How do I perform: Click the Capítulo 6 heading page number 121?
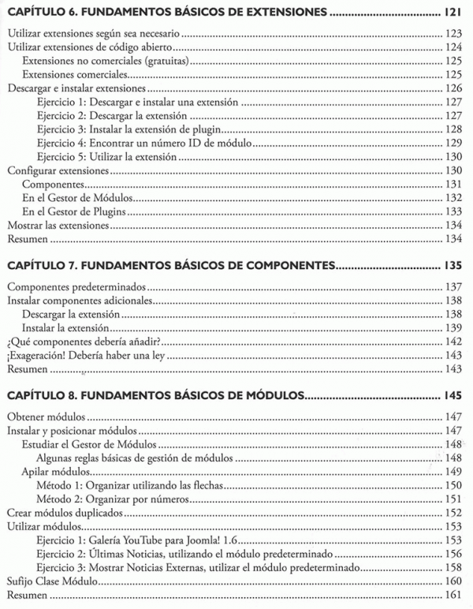coord(452,13)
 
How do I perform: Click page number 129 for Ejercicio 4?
coord(453,143)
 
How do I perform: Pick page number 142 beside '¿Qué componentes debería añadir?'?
coord(453,341)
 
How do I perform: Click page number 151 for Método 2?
coord(453,499)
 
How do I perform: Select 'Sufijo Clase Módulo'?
coord(52,581)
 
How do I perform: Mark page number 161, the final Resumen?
coord(453,595)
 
